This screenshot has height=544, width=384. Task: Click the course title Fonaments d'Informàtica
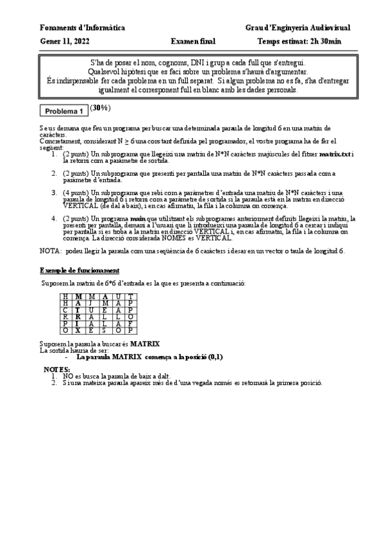(x=82, y=28)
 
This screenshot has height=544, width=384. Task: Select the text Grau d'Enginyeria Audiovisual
(x=297, y=28)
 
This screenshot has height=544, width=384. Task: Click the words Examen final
(x=193, y=42)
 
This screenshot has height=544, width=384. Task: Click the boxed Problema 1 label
(x=64, y=111)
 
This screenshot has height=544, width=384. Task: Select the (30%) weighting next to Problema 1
(x=100, y=108)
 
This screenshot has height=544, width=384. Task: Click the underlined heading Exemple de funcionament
(x=79, y=269)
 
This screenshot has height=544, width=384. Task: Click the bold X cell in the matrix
(x=78, y=331)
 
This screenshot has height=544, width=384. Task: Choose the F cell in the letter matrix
(x=129, y=324)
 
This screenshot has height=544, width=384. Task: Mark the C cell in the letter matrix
(x=65, y=310)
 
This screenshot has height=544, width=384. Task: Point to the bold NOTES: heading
(x=56, y=370)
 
